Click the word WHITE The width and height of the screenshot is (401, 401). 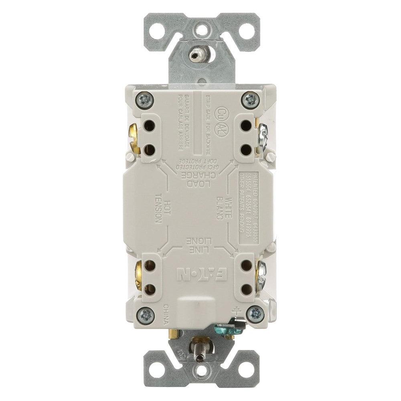click(x=229, y=208)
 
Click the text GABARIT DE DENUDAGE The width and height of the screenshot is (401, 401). click(x=189, y=125)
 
